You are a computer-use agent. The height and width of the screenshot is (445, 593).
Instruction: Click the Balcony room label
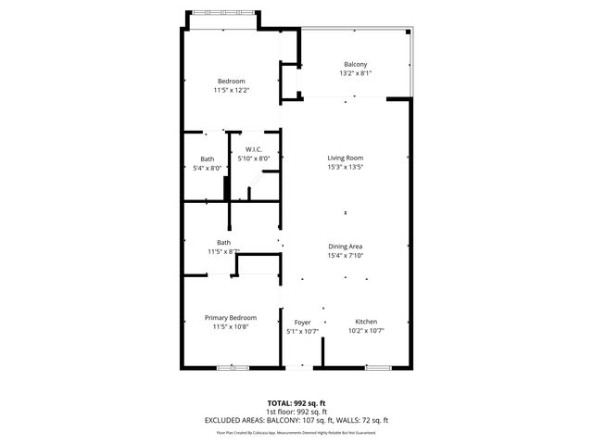tap(355, 64)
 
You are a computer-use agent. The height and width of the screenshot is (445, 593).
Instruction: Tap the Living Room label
tap(344, 159)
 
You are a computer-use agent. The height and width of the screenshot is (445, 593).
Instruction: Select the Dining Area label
tap(344, 246)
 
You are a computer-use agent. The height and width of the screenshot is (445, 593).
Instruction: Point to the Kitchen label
tap(366, 321)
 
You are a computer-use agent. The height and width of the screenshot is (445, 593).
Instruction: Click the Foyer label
tap(302, 322)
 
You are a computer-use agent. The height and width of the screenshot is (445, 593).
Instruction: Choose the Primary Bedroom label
tap(231, 317)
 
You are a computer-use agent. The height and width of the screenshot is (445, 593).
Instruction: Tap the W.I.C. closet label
tap(254, 150)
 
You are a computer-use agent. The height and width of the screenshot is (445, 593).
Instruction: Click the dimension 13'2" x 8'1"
tap(355, 73)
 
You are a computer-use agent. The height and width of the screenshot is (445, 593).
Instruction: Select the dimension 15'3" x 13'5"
tap(344, 168)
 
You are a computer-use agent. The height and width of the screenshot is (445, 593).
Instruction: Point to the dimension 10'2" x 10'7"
tap(366, 330)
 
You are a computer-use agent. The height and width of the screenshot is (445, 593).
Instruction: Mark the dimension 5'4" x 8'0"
tap(208, 168)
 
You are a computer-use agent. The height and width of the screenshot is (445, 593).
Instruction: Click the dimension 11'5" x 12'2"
tap(231, 89)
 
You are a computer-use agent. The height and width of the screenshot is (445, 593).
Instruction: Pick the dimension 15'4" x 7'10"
tap(344, 255)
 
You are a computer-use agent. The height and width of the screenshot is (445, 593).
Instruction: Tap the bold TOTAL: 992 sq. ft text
tap(296, 403)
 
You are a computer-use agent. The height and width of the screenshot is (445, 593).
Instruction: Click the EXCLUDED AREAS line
tap(296, 420)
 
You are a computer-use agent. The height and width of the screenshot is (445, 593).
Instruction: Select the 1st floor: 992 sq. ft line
tap(296, 412)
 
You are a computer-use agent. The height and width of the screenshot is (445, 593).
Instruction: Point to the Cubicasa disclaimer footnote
tap(296, 432)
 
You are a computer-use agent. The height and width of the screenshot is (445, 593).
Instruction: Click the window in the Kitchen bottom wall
tap(378, 368)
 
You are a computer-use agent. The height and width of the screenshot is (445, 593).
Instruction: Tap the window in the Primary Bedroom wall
tap(233, 368)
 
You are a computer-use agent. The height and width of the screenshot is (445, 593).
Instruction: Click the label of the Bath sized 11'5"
tap(223, 243)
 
